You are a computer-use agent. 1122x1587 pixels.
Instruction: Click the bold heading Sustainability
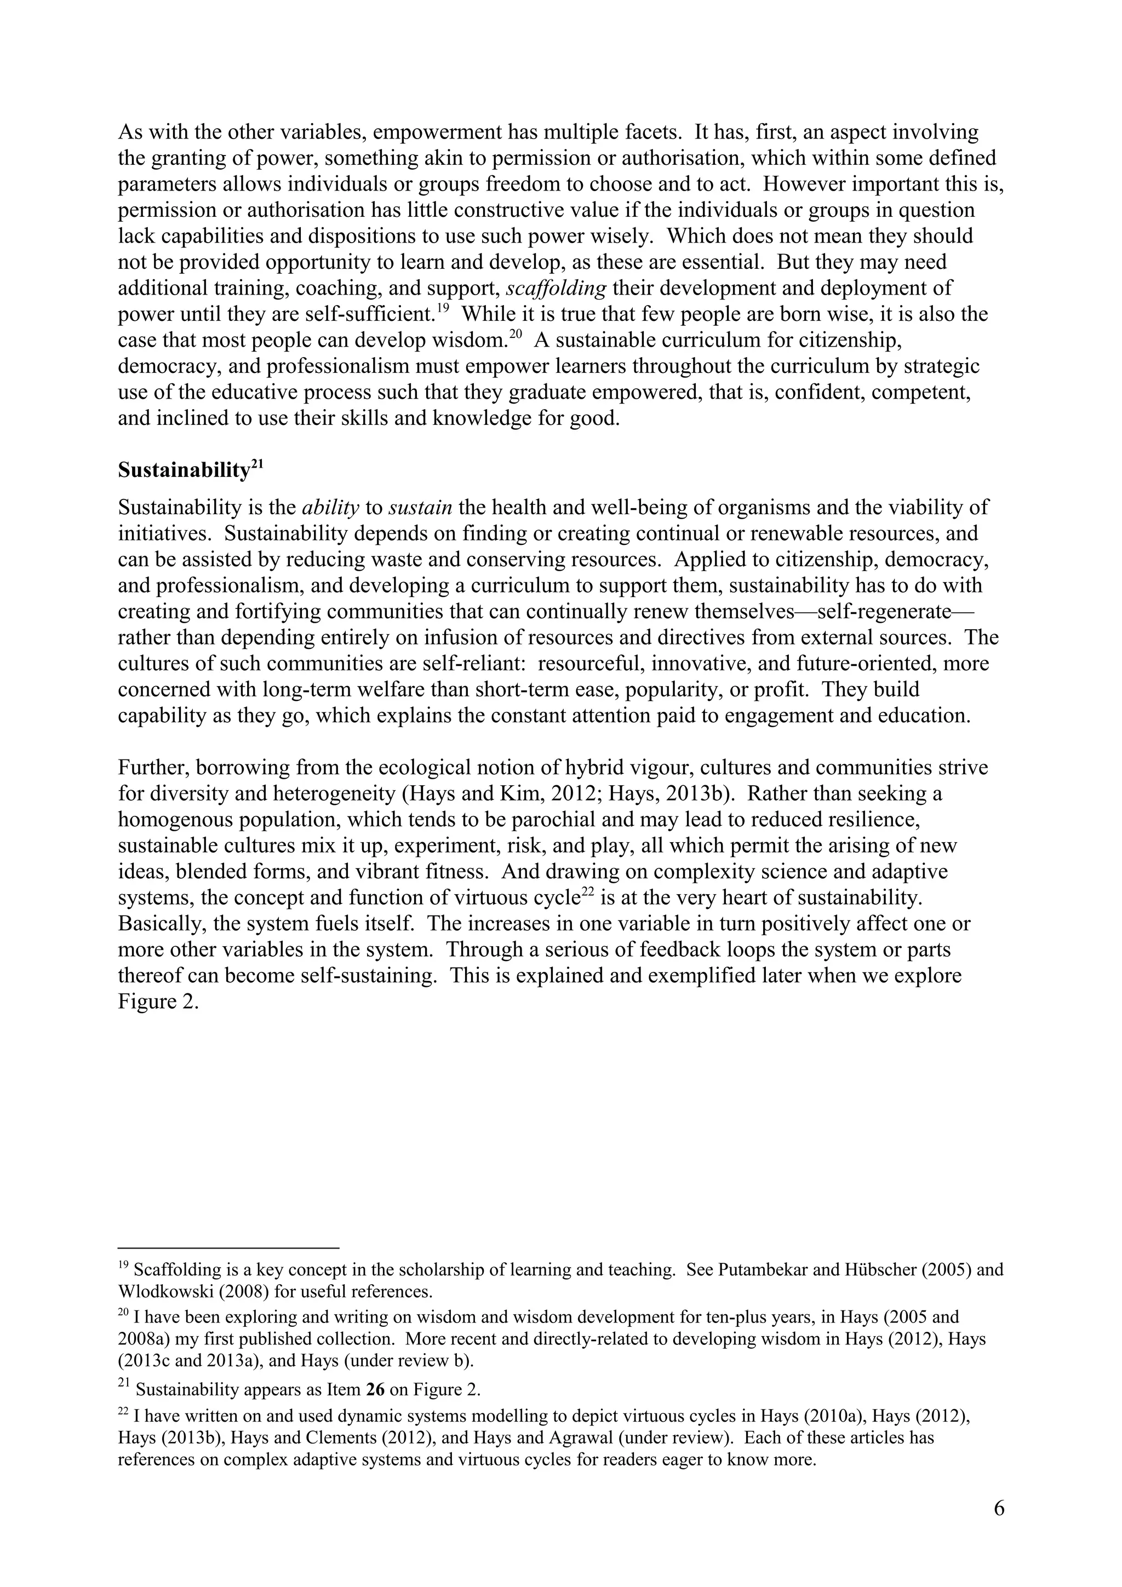pyautogui.click(x=183, y=471)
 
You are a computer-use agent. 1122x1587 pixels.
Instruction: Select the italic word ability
pyautogui.click(x=330, y=508)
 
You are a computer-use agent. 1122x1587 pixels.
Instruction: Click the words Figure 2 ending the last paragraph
pyautogui.click(x=158, y=1002)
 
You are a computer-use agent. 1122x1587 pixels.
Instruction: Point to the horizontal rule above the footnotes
pyautogui.click(x=228, y=1249)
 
